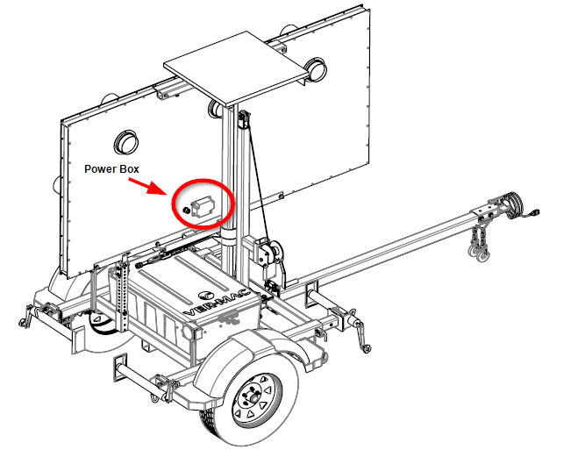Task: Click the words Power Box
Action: [111, 169]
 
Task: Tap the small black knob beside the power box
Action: [186, 211]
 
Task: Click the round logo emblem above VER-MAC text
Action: [205, 296]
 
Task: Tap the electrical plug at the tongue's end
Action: [534, 213]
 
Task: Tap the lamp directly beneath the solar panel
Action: [215, 109]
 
